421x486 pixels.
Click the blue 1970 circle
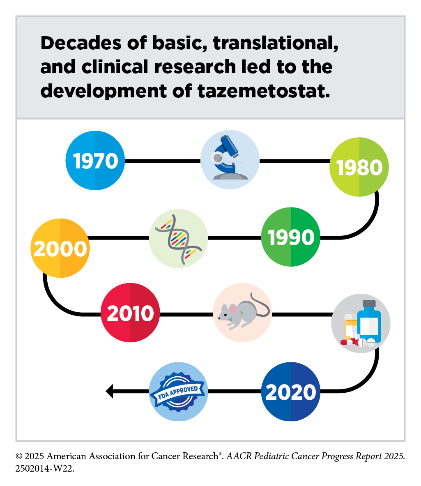coord(95,161)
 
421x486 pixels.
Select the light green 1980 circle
coord(359,167)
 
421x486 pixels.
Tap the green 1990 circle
coord(290,237)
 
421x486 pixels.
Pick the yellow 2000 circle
coord(60,248)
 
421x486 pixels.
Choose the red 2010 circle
coord(130,312)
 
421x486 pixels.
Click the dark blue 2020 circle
coord(290,392)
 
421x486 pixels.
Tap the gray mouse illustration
coord(244,311)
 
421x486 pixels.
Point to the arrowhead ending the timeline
coord(109,391)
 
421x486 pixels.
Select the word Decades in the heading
coord(81,43)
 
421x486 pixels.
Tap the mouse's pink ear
coord(232,309)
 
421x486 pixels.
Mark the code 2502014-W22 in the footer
coord(45,468)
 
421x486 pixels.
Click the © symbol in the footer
coord(19,456)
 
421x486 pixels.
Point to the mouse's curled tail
coord(260,305)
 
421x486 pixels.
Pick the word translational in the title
coord(276,43)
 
